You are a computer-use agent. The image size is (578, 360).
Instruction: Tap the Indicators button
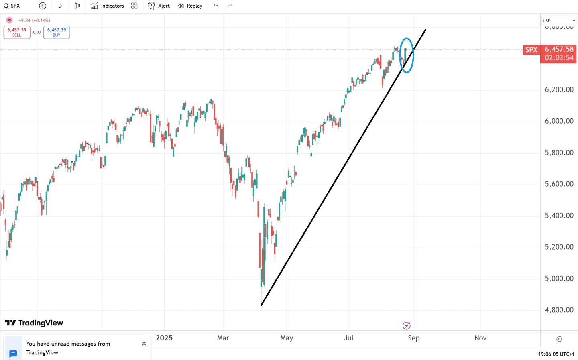tap(108, 6)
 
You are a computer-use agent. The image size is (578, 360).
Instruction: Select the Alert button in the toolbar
tap(159, 6)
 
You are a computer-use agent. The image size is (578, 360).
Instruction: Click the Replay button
tap(190, 6)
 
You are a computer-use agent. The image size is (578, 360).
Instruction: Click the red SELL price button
tap(17, 32)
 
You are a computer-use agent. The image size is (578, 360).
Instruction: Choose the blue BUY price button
tap(57, 32)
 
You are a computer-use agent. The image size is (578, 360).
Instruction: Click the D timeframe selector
tap(60, 6)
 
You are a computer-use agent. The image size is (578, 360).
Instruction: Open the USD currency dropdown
tap(559, 20)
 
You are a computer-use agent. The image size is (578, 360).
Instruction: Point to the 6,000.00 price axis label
tap(559, 121)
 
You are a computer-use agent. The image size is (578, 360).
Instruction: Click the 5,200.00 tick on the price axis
tap(559, 247)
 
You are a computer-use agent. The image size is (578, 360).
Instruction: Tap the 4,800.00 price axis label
tap(559, 310)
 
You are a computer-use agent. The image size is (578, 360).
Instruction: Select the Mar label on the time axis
tap(223, 338)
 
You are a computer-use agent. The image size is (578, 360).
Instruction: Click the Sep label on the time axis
tap(413, 338)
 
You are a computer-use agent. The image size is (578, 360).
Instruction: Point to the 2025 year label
tap(164, 338)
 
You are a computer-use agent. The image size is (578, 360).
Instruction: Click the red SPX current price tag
tap(531, 50)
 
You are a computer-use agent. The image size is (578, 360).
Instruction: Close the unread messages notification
tap(144, 344)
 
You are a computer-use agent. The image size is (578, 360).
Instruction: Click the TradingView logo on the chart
tap(34, 323)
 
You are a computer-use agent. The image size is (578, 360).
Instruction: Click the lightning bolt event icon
tap(407, 325)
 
